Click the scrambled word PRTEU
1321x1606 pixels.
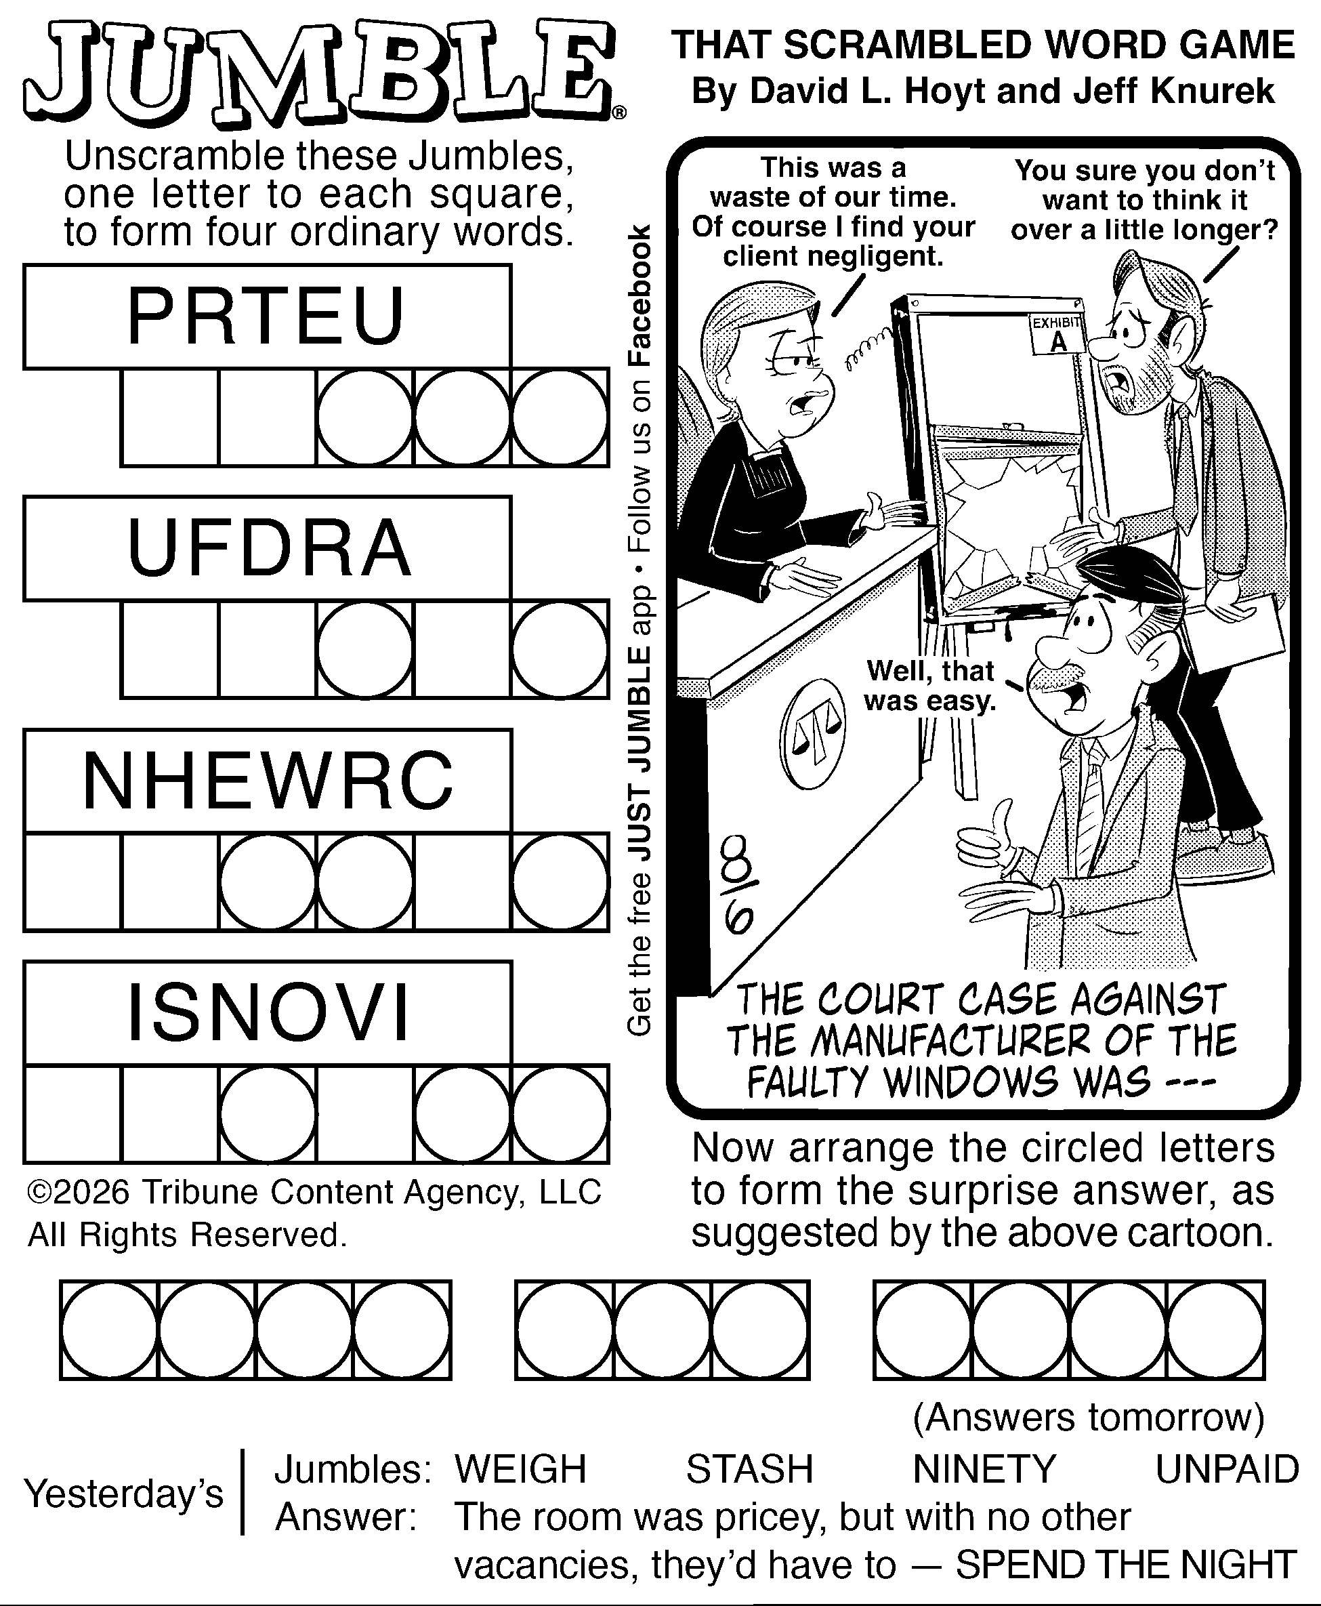coord(266,316)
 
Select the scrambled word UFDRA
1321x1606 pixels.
coord(270,548)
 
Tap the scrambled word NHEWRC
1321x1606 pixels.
coord(268,781)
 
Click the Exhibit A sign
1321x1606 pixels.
coord(1057,333)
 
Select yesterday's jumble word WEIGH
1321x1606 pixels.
coord(520,1468)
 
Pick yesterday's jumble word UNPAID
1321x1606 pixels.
coord(1227,1468)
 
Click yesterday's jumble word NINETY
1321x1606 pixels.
coord(985,1468)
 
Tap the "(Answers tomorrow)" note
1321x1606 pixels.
coord(1089,1417)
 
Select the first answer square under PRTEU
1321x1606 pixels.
coord(169,418)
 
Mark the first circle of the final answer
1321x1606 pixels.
coord(110,1330)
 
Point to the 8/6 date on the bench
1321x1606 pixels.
coord(735,886)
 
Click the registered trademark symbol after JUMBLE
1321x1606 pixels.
coord(619,113)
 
